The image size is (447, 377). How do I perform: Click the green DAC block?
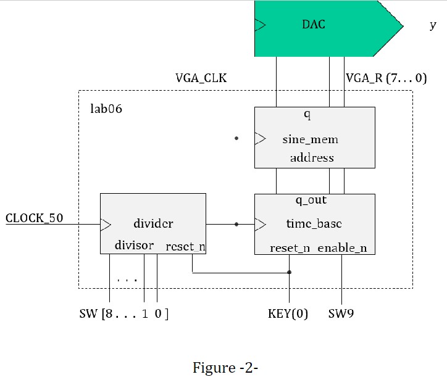[x=321, y=28]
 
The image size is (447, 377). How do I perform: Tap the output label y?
[x=432, y=26]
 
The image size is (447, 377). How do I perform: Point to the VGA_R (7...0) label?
[x=386, y=78]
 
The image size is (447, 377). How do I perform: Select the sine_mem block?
[x=314, y=137]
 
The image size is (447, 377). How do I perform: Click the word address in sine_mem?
[x=312, y=158]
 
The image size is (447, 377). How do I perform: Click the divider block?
[x=152, y=223]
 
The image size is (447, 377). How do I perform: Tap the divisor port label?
[x=134, y=246]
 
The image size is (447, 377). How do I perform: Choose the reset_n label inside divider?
[x=185, y=246]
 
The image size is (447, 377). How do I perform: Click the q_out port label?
[x=311, y=201]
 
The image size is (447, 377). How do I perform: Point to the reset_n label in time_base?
[x=290, y=248]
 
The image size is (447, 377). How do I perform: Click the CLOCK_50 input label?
[x=35, y=218]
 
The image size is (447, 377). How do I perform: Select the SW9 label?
[x=341, y=314]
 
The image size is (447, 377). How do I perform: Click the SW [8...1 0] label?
[x=123, y=314]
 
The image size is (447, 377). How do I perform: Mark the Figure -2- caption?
[x=225, y=368]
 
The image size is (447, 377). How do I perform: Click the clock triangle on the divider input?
[x=106, y=224]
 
